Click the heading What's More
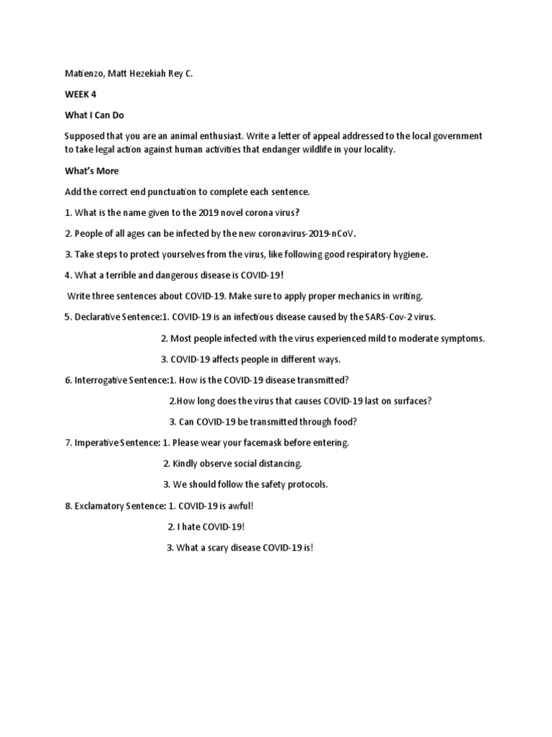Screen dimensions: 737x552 click(x=91, y=171)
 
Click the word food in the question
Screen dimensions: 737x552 click(x=344, y=422)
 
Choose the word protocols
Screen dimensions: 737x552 click(x=306, y=484)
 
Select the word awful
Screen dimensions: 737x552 click(x=238, y=506)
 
